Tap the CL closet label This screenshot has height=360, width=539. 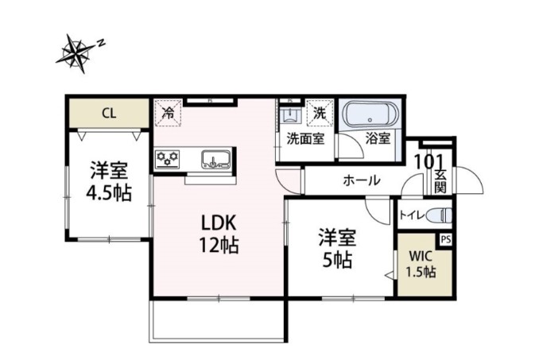click(x=108, y=113)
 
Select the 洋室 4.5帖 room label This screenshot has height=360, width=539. click(x=109, y=181)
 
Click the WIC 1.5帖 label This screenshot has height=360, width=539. click(x=422, y=264)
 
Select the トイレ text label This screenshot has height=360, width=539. click(x=410, y=214)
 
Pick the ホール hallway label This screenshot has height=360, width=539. click(x=361, y=180)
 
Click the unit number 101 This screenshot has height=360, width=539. click(x=429, y=161)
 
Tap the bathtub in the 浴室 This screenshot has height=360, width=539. click(x=371, y=114)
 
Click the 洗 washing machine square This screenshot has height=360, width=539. click(x=320, y=112)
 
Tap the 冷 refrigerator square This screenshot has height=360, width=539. click(x=168, y=112)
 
